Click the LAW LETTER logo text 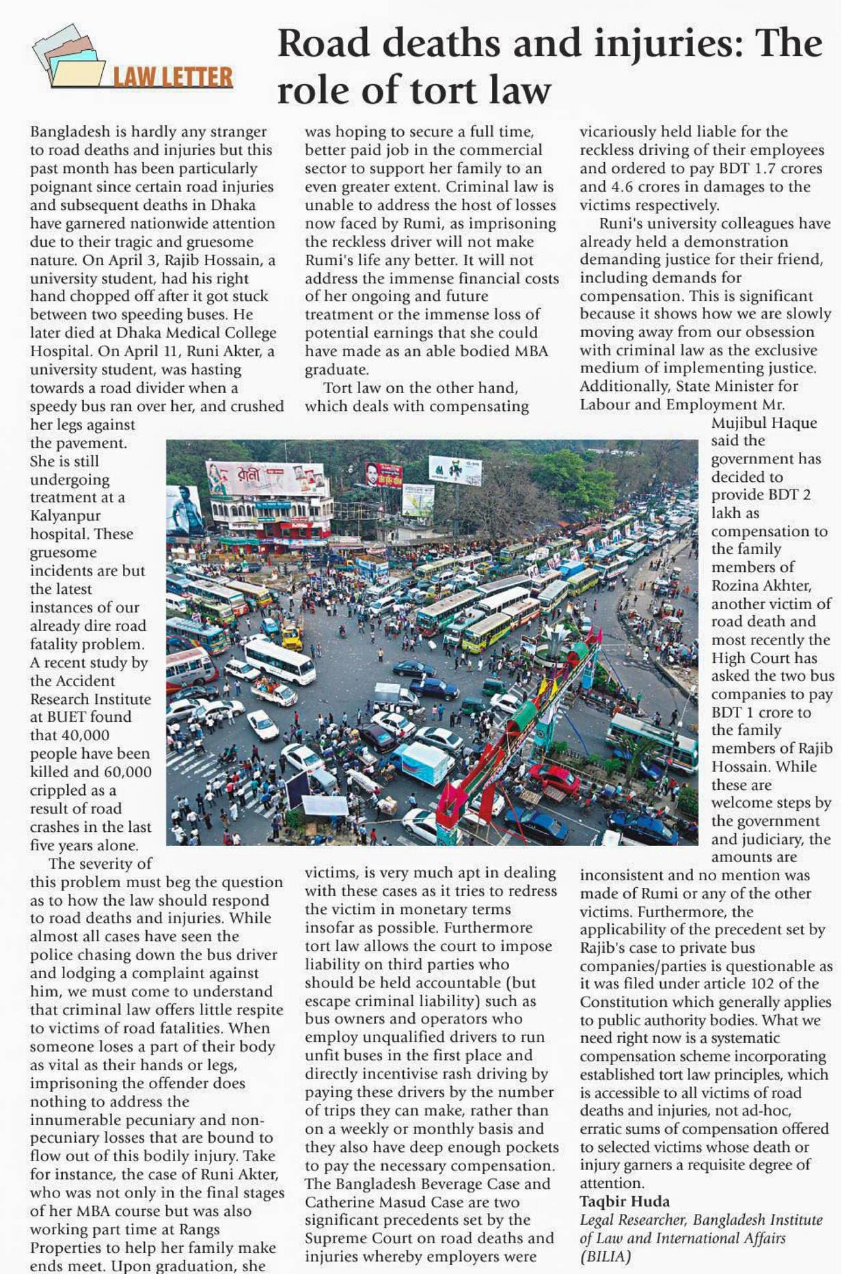click(x=172, y=77)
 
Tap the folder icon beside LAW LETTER click(x=68, y=57)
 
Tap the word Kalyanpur click(x=65, y=515)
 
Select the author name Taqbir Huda click(x=625, y=1201)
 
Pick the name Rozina click(x=738, y=585)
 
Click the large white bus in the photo click(x=280, y=661)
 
